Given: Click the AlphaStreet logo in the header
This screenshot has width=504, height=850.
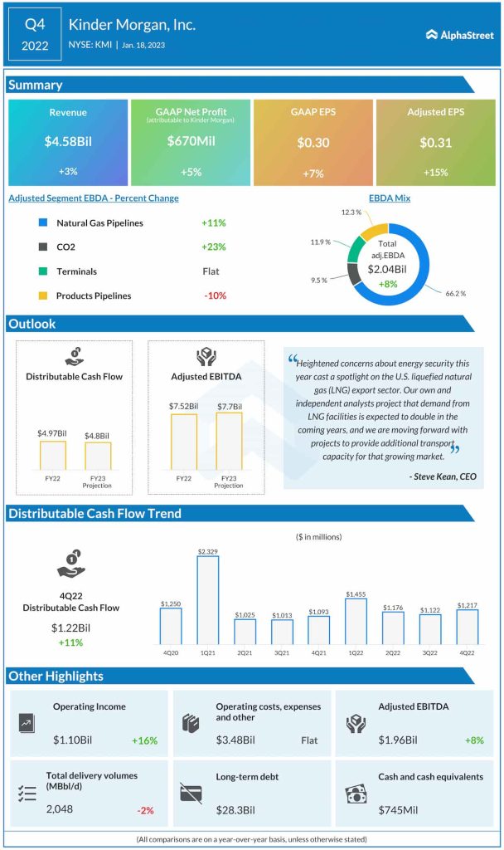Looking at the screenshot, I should [459, 35].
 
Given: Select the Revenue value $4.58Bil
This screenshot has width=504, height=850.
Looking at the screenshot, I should [68, 142].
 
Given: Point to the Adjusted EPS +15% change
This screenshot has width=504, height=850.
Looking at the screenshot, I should [436, 172].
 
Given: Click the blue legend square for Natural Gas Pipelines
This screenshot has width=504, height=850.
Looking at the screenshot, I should [42, 223].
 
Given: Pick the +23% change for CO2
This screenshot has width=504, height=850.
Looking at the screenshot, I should [213, 247].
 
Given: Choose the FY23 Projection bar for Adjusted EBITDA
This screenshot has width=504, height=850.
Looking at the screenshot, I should [229, 442].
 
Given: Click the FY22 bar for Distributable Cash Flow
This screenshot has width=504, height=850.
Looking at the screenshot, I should [52, 455].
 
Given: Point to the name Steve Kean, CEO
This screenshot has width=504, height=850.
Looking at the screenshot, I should [443, 476].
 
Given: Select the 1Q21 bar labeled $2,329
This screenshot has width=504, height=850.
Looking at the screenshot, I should [207, 600].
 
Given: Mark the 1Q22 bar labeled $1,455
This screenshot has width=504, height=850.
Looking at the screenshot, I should [355, 621].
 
